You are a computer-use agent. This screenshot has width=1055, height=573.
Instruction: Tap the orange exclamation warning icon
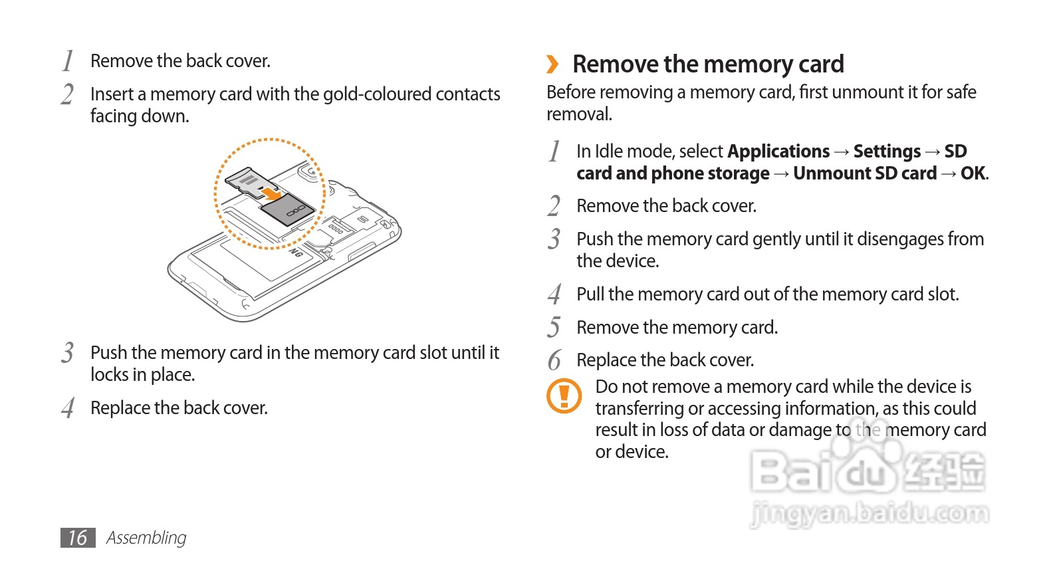(564, 396)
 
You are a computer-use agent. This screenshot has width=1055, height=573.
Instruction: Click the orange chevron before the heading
(552, 64)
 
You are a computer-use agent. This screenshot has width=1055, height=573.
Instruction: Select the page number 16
(78, 538)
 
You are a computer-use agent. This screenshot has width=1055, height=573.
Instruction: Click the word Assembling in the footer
(146, 538)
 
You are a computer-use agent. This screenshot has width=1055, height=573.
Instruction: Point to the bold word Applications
(778, 152)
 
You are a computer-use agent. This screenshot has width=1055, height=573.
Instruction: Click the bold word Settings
(887, 152)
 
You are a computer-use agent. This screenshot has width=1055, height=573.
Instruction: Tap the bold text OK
(973, 173)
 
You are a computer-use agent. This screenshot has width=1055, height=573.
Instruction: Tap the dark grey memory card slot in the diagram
(287, 211)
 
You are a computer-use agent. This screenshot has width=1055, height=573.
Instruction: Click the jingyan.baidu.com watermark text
(870, 514)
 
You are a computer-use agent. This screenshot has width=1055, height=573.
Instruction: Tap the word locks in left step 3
(109, 375)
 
